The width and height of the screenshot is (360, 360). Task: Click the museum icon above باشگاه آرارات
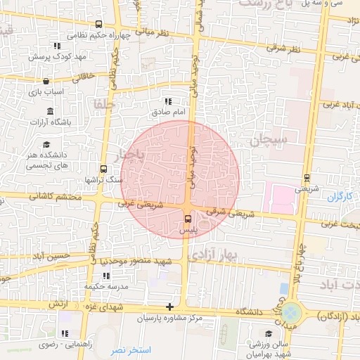pos(51,111)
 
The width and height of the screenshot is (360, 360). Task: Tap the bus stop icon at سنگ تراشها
pos(103,169)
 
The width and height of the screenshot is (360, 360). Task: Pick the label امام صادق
pos(168,112)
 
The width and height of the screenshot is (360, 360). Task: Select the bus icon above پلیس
pos(186,220)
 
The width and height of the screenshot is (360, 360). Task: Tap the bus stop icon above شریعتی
pos(306,179)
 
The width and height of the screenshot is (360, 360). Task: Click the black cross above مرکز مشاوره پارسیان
pos(169,307)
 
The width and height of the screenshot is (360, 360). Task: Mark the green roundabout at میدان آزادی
pos(291,310)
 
